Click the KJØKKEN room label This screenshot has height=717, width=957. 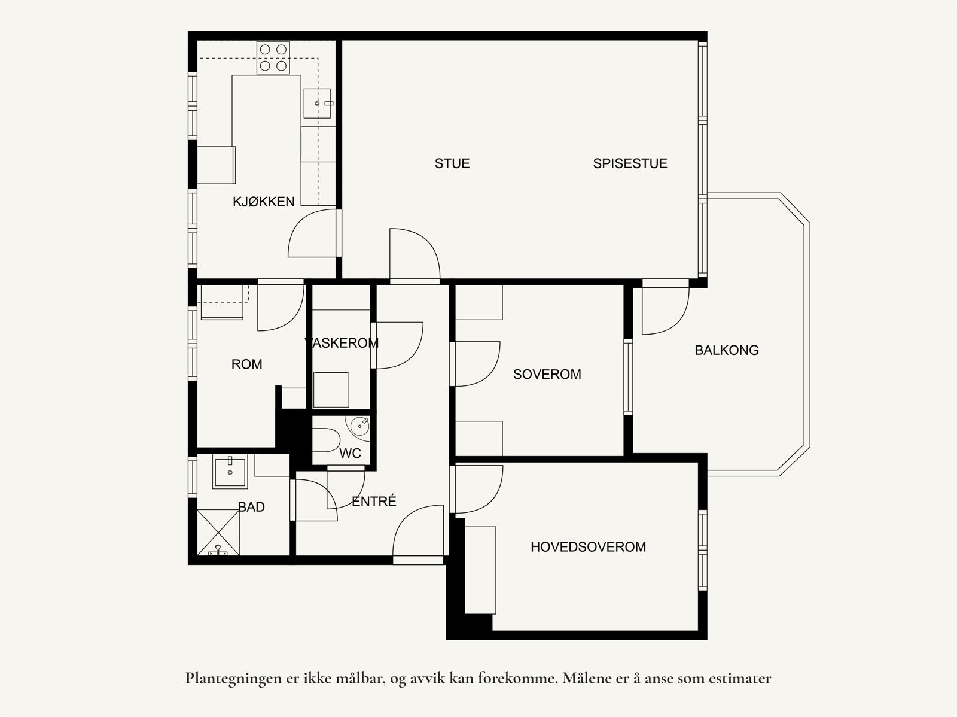pyautogui.click(x=263, y=202)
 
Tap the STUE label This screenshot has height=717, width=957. pyautogui.click(x=452, y=163)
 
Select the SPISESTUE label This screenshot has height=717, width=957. pyautogui.click(x=630, y=163)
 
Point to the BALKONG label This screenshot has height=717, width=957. pyautogui.click(x=727, y=350)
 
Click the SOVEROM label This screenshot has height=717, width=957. pyautogui.click(x=547, y=374)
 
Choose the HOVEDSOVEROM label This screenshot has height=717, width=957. pyautogui.click(x=588, y=547)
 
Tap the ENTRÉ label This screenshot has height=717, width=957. pyautogui.click(x=374, y=501)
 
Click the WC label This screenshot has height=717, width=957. pyautogui.click(x=350, y=454)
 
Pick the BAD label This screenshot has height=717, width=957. pyautogui.click(x=252, y=507)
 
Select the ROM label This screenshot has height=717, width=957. pyautogui.click(x=247, y=364)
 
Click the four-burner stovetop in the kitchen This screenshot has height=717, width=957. pyautogui.click(x=273, y=57)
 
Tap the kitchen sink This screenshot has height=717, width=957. pyautogui.click(x=318, y=104)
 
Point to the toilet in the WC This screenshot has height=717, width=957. pyautogui.click(x=326, y=440)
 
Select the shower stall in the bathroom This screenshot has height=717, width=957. pyautogui.click(x=218, y=533)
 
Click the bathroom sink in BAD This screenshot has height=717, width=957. pyautogui.click(x=230, y=472)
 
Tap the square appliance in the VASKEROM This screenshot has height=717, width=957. pyautogui.click(x=331, y=390)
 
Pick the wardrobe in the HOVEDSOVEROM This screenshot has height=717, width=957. pyautogui.click(x=480, y=570)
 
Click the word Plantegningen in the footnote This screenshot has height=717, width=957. pyautogui.click(x=234, y=679)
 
